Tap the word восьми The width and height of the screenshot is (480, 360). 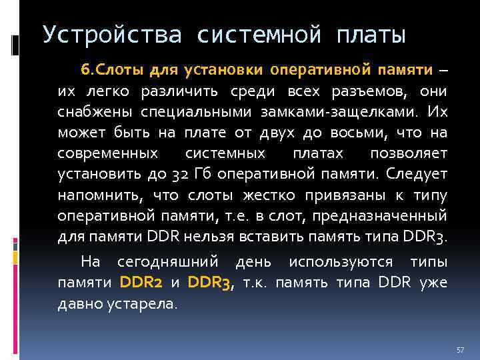pyautogui.click(x=359, y=133)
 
